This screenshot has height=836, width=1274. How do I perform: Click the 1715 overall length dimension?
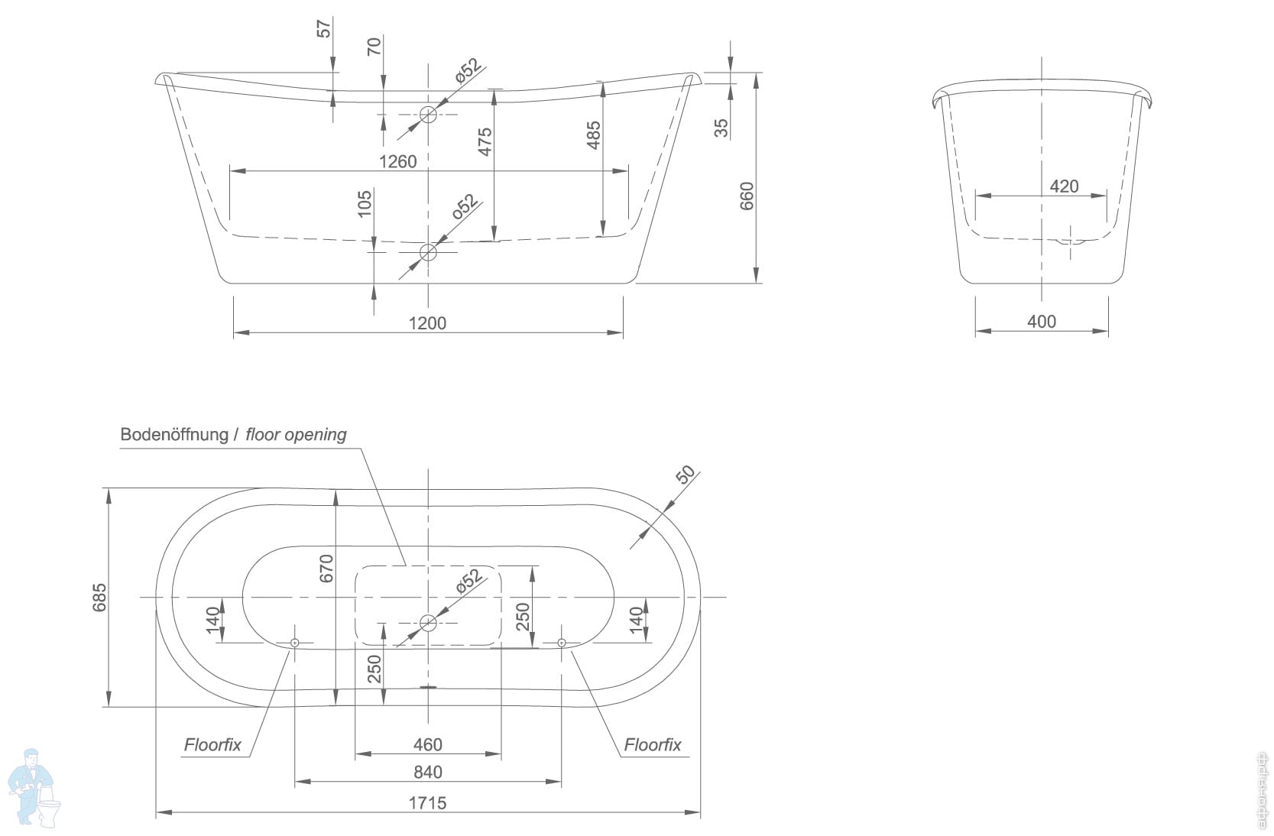click(427, 802)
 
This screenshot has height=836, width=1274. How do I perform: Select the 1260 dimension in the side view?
click(398, 161)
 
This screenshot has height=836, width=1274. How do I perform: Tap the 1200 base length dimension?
click(427, 322)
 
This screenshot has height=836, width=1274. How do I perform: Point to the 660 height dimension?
click(747, 196)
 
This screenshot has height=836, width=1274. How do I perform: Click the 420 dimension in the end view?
click(1064, 186)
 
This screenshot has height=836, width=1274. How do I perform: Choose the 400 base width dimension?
click(1041, 322)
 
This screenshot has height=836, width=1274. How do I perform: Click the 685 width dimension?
click(99, 598)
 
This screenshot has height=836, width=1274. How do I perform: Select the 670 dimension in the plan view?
click(326, 569)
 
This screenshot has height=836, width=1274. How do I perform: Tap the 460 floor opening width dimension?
click(427, 744)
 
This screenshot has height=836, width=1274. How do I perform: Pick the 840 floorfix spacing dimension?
click(427, 772)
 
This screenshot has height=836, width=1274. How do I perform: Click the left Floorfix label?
click(212, 745)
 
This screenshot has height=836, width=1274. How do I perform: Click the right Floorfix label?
click(652, 745)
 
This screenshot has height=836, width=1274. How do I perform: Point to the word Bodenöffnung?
click(174, 435)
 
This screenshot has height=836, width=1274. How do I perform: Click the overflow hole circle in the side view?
click(428, 115)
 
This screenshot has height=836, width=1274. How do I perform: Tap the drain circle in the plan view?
click(428, 623)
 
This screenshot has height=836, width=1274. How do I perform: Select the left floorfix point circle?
click(295, 643)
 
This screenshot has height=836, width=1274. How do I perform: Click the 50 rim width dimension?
click(686, 475)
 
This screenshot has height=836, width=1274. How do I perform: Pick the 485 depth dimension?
click(593, 135)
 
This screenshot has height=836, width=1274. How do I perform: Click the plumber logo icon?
click(35, 787)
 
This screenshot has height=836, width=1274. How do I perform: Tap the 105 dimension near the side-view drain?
click(365, 203)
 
